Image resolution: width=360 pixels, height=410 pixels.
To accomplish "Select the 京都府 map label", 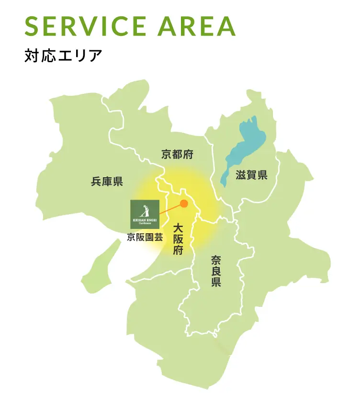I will pyautogui.click(x=177, y=154).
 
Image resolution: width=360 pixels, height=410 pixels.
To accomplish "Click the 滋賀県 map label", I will pyautogui.click(x=251, y=175).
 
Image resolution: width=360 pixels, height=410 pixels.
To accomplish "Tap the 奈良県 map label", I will pyautogui.click(x=216, y=271).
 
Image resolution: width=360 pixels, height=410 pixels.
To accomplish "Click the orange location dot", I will pyautogui.click(x=184, y=204).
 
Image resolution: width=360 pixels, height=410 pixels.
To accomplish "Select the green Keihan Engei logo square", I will pyautogui.click(x=145, y=214).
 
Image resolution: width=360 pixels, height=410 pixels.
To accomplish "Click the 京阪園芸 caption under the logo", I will pyautogui.click(x=145, y=237).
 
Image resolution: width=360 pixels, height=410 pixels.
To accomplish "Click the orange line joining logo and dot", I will pyautogui.click(x=170, y=208).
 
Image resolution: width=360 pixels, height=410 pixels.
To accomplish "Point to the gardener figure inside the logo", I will pyautogui.click(x=146, y=210).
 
